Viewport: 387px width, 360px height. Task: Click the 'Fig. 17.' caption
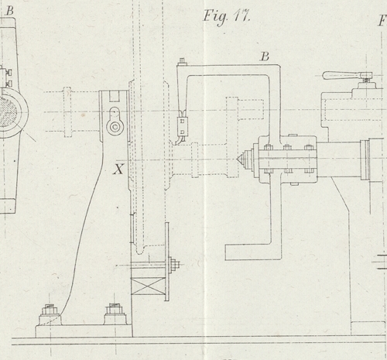pos(226,17)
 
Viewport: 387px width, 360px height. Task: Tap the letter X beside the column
pos(118,169)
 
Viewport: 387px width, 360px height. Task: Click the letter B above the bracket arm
pos(265,57)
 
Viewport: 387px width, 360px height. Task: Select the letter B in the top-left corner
pos(9,11)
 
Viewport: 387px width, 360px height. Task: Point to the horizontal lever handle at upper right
pos(348,75)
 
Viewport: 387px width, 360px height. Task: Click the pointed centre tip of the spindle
pos(238,159)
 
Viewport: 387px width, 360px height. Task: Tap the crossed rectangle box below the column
pos(148,286)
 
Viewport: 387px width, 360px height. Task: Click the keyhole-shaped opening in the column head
pos(115,122)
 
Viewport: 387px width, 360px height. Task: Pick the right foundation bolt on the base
pos(115,314)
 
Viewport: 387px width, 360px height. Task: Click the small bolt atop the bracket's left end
pos(182,61)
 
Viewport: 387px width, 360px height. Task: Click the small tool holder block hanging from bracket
pos(183,126)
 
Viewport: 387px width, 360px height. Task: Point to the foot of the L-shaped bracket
pos(253,252)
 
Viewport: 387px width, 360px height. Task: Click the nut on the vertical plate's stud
pos(175,265)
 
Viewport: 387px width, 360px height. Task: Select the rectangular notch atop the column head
pos(115,96)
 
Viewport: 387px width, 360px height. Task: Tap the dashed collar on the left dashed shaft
pos(67,112)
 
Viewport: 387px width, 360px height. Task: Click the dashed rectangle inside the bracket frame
pos(245,108)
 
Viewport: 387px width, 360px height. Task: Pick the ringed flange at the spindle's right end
pos(365,159)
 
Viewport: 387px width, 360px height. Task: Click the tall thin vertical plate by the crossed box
pos(167,262)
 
